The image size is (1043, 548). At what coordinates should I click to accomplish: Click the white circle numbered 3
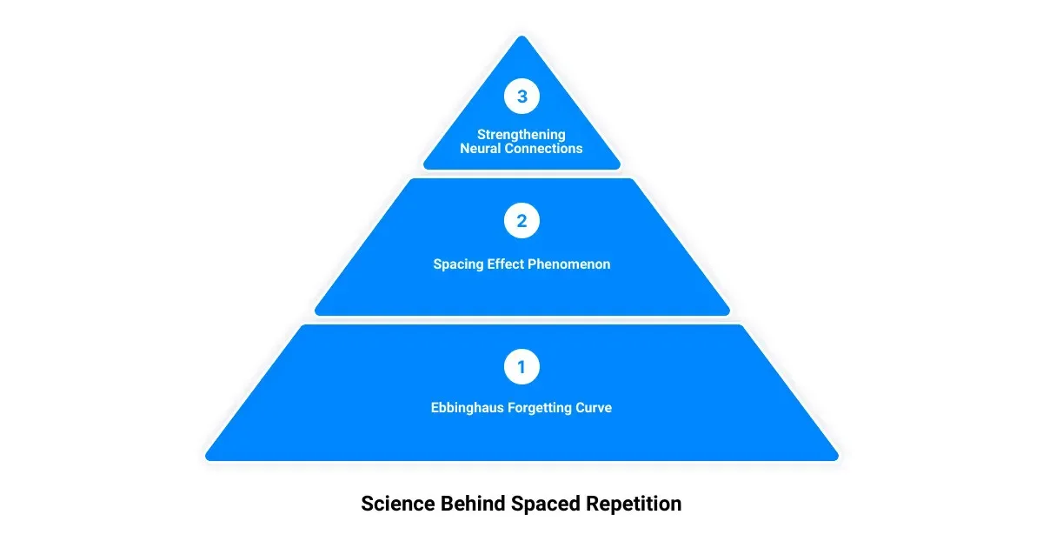pyautogui.click(x=521, y=97)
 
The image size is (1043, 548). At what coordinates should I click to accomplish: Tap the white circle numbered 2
pyautogui.click(x=521, y=221)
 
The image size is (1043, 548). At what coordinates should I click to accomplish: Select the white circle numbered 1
pyautogui.click(x=521, y=367)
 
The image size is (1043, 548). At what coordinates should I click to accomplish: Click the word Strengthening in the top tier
pyautogui.click(x=521, y=135)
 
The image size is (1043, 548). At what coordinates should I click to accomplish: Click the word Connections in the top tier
pyautogui.click(x=543, y=149)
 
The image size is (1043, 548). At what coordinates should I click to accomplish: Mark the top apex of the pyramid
pyautogui.click(x=521, y=37)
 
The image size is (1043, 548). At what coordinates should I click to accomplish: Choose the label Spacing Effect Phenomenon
pyautogui.click(x=521, y=264)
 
